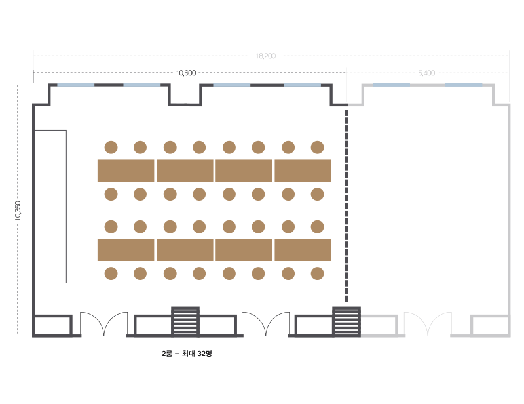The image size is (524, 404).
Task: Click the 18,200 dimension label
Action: [266, 56]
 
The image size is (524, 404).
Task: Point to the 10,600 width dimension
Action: [186, 73]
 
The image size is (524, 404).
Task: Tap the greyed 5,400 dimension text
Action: [426, 73]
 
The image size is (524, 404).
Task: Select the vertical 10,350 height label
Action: [18, 211]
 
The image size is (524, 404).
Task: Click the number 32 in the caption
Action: [202, 353]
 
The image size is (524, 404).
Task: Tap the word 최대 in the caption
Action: [189, 353]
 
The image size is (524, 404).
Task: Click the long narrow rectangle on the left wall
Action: [50, 207]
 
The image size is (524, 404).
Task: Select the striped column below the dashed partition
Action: [346, 321]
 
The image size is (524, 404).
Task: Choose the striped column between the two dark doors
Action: [185, 321]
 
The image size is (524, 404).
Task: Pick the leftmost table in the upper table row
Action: [126, 171]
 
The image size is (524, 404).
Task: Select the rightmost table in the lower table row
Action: [303, 250]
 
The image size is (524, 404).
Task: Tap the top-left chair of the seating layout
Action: [111, 148]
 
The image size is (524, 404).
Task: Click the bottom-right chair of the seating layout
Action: [317, 273]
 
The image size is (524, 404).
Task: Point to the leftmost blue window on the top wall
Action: [76, 85]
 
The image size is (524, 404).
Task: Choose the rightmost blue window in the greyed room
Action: [464, 85]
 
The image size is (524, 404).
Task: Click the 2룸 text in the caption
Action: [167, 353]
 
